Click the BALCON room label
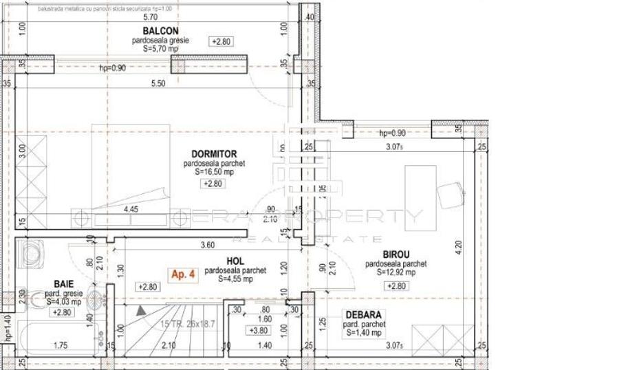click(161, 31)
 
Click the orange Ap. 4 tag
click(184, 274)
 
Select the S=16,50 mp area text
click(214, 173)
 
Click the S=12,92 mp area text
click(395, 272)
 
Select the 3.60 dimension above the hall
click(207, 244)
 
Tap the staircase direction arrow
click(141, 311)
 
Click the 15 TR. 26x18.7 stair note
click(187, 325)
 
